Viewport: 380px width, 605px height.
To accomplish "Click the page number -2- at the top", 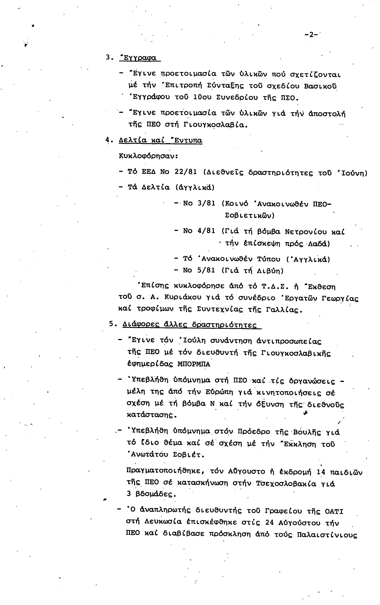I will tap(311, 35).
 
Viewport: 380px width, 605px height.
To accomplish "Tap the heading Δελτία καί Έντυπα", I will tap(160, 140).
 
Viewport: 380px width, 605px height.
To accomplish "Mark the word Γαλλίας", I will tap(284, 310).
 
